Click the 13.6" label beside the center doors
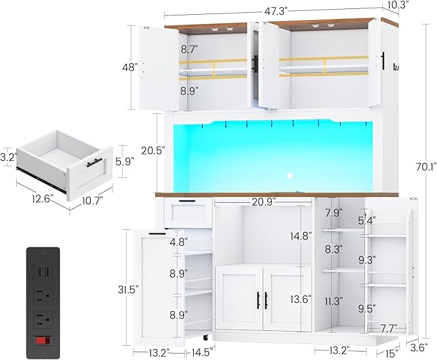[301, 299]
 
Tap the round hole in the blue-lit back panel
[289, 175]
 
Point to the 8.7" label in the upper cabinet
[189, 49]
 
